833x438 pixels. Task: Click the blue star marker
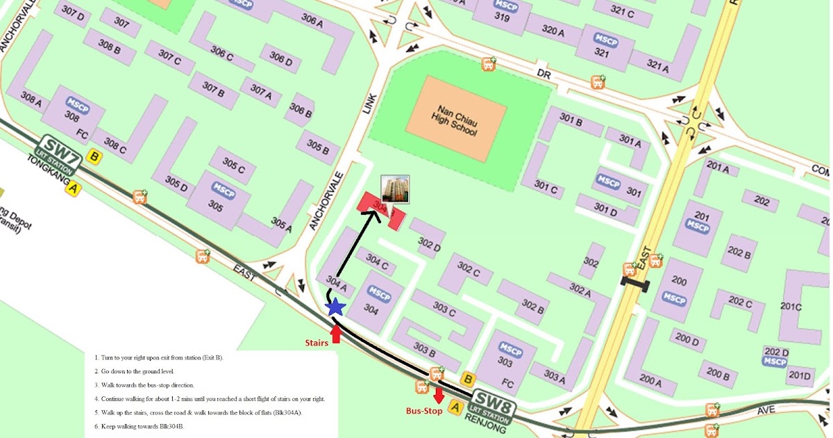[x=335, y=306]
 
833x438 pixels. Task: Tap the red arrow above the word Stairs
[x=336, y=333]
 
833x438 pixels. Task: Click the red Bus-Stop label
[x=424, y=411]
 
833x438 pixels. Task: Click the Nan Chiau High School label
[x=454, y=120]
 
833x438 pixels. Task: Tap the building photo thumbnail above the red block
[x=396, y=190]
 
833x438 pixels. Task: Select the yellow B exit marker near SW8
[x=468, y=379]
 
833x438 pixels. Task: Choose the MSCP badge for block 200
[x=674, y=297]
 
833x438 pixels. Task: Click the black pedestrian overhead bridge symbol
[x=635, y=284]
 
